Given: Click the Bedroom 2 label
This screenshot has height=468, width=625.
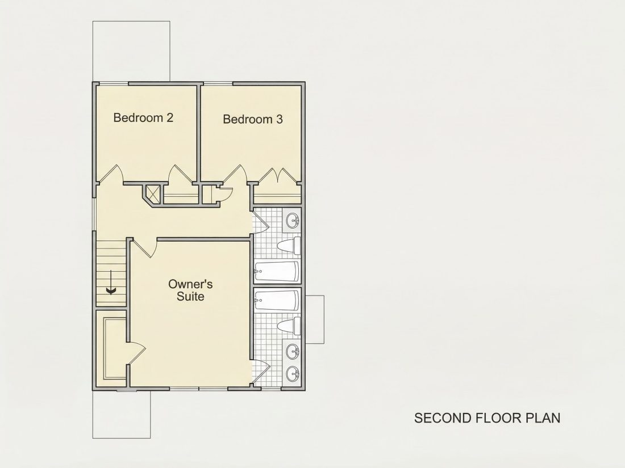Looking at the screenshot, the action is tap(143, 117).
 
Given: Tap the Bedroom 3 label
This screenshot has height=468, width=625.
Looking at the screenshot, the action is tap(253, 119).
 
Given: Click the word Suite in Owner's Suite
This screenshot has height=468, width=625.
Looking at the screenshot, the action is tap(190, 297).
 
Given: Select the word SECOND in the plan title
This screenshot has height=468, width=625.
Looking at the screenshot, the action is tap(443, 418).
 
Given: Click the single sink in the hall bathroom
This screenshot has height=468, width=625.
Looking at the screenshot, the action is tap(293, 220).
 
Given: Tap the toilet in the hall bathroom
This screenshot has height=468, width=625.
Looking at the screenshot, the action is tap(289, 246).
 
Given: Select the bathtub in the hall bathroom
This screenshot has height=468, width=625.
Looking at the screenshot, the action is tap(277, 271).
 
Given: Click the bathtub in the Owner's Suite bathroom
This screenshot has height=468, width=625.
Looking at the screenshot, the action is tap(277, 301).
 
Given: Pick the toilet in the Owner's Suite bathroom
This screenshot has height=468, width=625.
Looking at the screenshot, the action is tap(289, 326).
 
